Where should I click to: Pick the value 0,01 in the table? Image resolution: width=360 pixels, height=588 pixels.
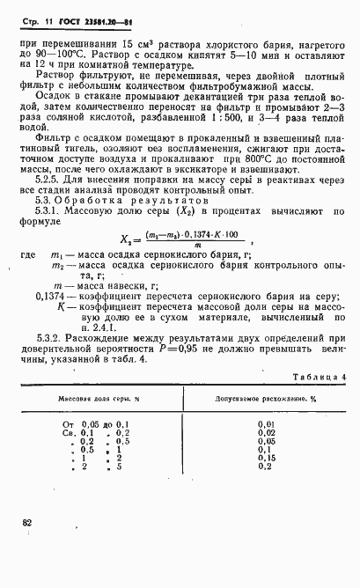click(x=266, y=424)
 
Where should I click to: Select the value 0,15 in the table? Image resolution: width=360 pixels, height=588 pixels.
click(x=266, y=458)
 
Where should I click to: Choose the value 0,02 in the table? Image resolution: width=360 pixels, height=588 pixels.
click(x=266, y=433)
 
